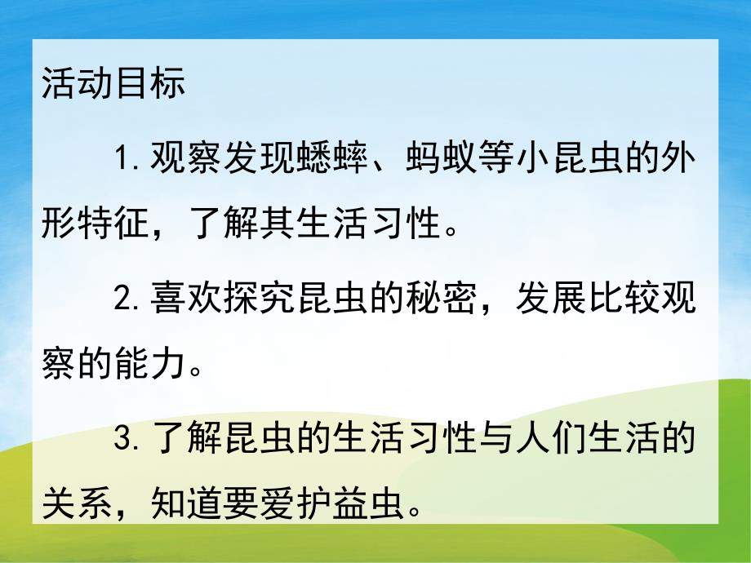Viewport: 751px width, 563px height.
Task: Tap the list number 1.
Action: pos(125,157)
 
